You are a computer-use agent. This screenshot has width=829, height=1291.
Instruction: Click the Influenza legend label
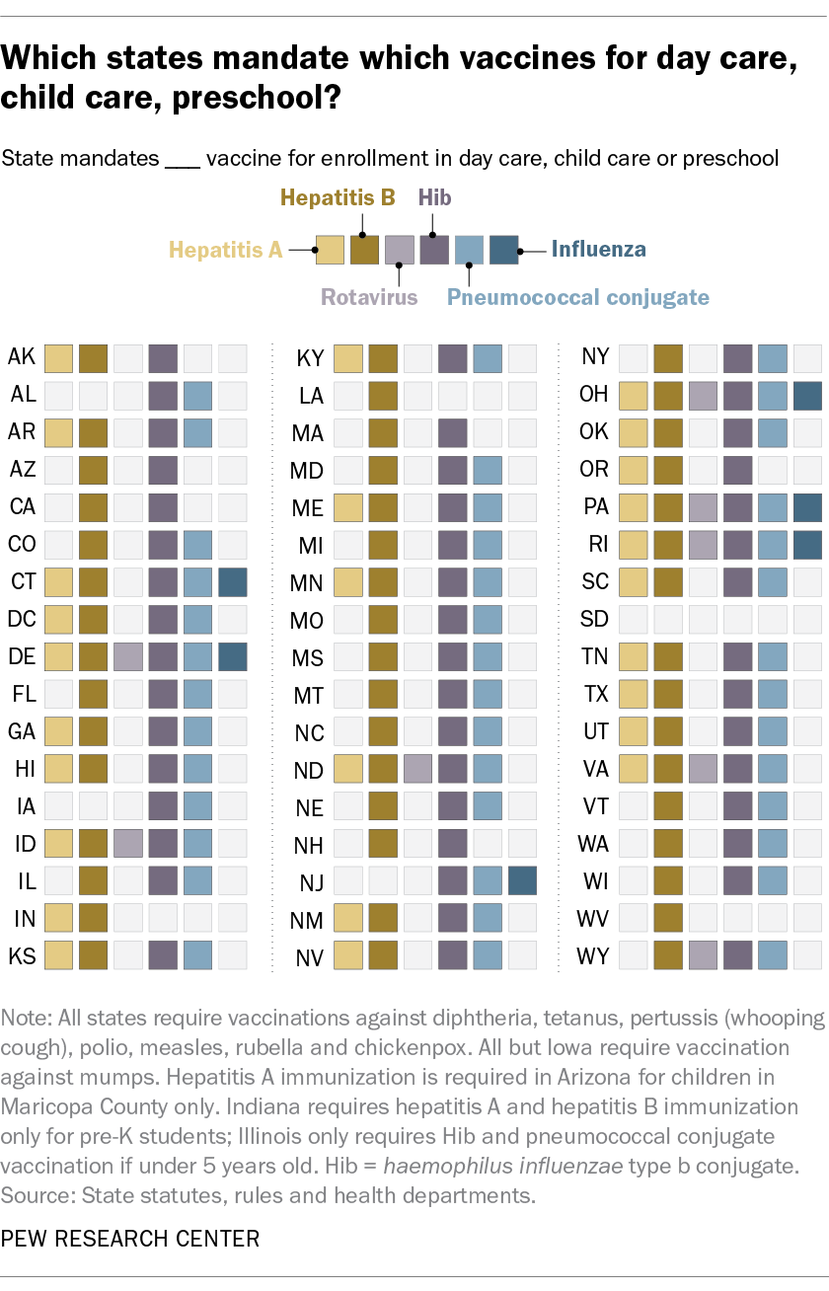598,250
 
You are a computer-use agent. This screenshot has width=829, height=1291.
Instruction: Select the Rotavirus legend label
369,296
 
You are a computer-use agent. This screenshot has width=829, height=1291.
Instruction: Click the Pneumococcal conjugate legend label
577,296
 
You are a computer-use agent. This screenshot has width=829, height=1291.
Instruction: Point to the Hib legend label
434,197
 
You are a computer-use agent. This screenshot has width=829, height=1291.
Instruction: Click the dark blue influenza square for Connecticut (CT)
232,581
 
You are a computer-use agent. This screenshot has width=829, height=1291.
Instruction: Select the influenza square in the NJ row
522,881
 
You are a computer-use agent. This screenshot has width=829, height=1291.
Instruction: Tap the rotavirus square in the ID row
127,844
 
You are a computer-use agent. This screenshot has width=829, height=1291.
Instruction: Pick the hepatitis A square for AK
58,356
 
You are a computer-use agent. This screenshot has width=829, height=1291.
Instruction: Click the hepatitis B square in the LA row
382,395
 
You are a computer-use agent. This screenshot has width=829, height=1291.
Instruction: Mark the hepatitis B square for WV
668,919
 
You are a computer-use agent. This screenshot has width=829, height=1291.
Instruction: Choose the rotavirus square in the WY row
703,956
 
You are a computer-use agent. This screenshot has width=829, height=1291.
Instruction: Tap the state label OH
595,395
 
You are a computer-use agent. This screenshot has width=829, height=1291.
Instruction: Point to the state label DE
21,656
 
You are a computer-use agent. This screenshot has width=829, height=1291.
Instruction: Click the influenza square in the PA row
807,506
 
